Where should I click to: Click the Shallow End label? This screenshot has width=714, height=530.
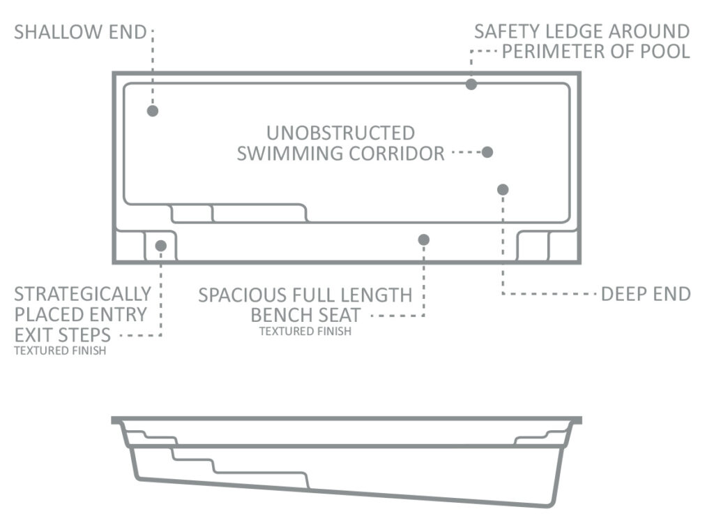pyautogui.click(x=80, y=32)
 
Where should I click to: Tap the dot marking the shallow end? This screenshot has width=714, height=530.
pyautogui.click(x=153, y=111)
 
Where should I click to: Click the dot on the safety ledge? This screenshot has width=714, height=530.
pyautogui.click(x=471, y=84)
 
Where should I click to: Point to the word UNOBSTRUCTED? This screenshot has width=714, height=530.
pyautogui.click(x=340, y=133)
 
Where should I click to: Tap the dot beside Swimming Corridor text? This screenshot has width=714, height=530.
pyautogui.click(x=487, y=152)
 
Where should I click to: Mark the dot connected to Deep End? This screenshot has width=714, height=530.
pyautogui.click(x=503, y=189)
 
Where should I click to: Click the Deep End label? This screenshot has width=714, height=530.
pyautogui.click(x=646, y=294)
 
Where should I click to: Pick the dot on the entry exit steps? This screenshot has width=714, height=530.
pyautogui.click(x=161, y=246)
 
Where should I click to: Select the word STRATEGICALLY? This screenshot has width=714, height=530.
pyautogui.click(x=82, y=294)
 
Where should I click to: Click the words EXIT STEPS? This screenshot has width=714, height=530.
pyautogui.click(x=62, y=335)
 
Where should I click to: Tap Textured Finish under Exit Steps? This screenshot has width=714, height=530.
pyautogui.click(x=60, y=351)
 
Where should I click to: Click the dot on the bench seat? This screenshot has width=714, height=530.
pyautogui.click(x=423, y=240)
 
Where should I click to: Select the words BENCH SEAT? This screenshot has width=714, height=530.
pyautogui.click(x=305, y=315)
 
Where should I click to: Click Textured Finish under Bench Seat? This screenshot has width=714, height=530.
pyautogui.click(x=305, y=331)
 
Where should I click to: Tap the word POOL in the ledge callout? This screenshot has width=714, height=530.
pyautogui.click(x=664, y=52)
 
